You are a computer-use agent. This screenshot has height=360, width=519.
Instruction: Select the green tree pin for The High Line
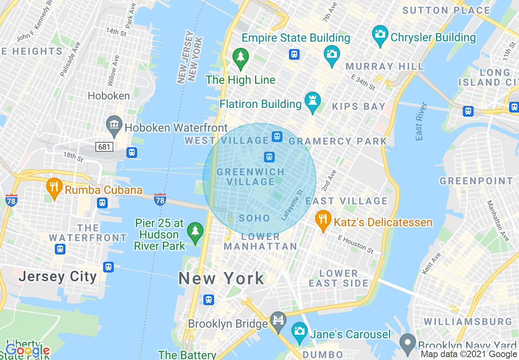click(241, 58)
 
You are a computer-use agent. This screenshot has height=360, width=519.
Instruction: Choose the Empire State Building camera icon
click(332, 55)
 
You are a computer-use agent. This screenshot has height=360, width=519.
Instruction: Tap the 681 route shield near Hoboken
click(104, 146)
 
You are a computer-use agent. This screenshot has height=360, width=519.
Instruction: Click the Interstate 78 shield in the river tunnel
click(160, 199)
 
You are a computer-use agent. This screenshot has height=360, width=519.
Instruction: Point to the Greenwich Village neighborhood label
click(250, 177)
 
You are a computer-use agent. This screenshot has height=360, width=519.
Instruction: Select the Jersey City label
click(58, 277)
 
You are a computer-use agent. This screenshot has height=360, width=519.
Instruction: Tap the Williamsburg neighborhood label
click(468, 322)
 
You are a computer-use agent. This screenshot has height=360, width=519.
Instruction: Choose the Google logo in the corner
click(27, 350)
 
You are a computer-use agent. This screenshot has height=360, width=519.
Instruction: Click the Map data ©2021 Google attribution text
click(469, 354)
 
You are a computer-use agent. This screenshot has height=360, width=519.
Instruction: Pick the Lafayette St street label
click(292, 205)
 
